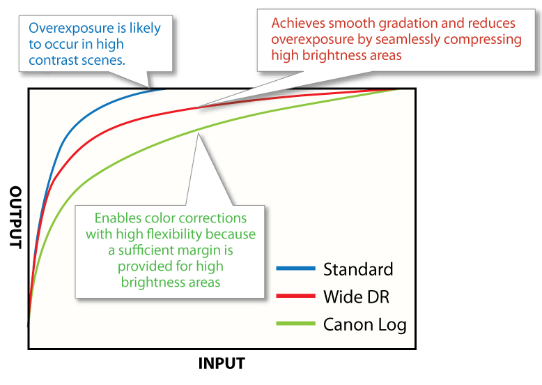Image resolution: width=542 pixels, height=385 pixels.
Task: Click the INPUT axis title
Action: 222,363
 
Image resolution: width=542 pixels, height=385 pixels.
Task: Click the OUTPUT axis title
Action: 15,217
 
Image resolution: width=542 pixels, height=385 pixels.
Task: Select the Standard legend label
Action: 358,269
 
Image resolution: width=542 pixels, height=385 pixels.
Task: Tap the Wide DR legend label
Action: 356,296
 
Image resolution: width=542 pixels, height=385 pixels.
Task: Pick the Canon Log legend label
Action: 364,325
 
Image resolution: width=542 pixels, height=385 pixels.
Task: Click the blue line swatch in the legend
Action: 296,268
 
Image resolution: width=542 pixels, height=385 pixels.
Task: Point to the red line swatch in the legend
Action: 296,296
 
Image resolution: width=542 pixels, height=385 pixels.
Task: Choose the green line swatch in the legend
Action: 296,324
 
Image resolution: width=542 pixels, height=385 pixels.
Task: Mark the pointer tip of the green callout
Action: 198,133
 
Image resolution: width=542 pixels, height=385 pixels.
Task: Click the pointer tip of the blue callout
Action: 149,88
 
